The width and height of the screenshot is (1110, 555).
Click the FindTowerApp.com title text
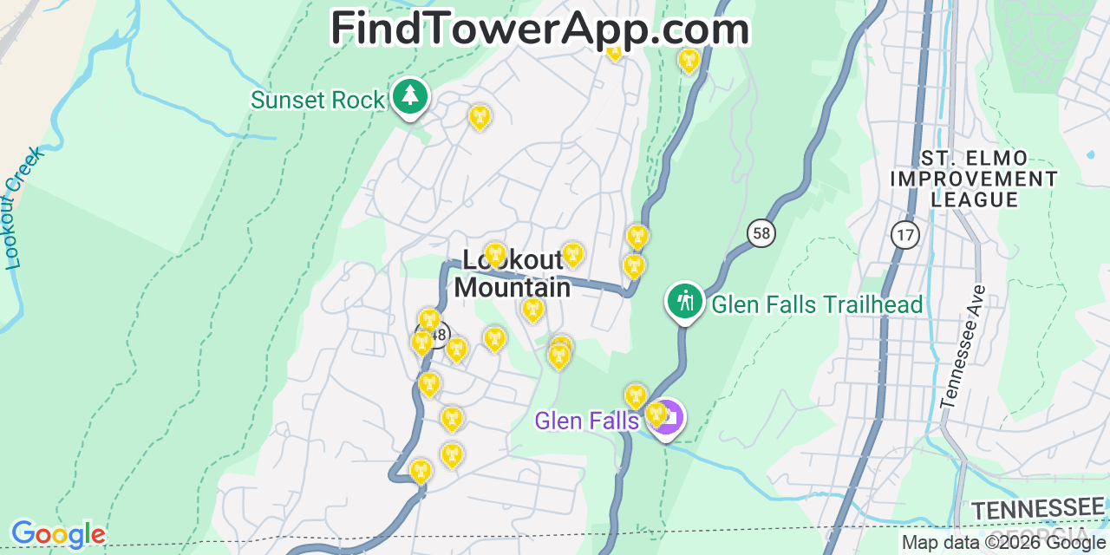pyautogui.click(x=539, y=29)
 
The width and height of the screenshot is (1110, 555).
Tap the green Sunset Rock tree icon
pyautogui.click(x=410, y=97)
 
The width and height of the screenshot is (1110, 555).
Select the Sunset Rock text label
pyautogui.click(x=317, y=101)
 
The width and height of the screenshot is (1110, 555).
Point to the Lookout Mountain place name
pyautogui.click(x=513, y=273)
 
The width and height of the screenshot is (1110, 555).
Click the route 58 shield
pyautogui.click(x=761, y=232)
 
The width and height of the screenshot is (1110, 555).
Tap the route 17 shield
pyautogui.click(x=904, y=234)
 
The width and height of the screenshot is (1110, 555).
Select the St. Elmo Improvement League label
pyautogui.click(x=974, y=179)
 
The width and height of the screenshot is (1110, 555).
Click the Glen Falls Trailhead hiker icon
pyautogui.click(x=685, y=301)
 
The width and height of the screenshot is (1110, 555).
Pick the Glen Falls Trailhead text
pyautogui.click(x=817, y=304)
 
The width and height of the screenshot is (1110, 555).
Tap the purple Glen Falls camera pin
pyautogui.click(x=667, y=418)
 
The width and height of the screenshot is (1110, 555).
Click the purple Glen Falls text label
pyautogui.click(x=587, y=421)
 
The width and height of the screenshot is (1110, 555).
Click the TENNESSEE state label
pyautogui.click(x=1037, y=509)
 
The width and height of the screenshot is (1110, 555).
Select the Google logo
pyautogui.click(x=58, y=534)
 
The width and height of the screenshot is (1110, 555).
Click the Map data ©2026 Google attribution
pyautogui.click(x=1003, y=544)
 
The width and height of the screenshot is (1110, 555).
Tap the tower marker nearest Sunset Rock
pyautogui.click(x=480, y=116)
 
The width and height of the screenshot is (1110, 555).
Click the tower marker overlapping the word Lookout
pyautogui.click(x=495, y=255)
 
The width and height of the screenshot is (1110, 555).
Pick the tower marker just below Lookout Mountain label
pyautogui.click(x=533, y=310)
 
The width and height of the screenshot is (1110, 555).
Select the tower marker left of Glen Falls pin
pyautogui.click(x=636, y=396)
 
